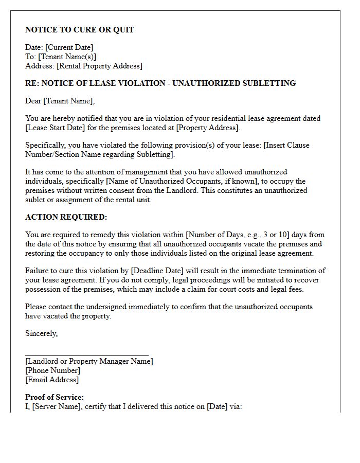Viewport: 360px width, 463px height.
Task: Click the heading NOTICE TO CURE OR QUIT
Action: [x=80, y=30]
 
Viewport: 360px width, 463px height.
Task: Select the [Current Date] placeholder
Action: [x=69, y=48]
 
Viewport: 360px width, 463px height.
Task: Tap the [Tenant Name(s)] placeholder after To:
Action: [x=67, y=57]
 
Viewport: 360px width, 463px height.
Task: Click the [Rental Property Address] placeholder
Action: [x=99, y=66]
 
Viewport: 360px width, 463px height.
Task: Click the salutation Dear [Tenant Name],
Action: [x=60, y=101]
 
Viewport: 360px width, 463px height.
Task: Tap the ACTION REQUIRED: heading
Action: [x=66, y=217]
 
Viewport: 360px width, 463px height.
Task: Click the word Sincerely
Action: [x=41, y=333]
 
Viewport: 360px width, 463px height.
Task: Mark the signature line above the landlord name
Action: [x=87, y=355]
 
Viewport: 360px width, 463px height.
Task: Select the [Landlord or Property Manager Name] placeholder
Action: [x=89, y=361]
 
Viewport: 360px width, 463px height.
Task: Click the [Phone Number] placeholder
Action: [x=52, y=370]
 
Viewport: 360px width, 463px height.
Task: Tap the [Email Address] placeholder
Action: [x=52, y=380]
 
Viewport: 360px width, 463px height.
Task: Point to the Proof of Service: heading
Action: [x=55, y=397]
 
